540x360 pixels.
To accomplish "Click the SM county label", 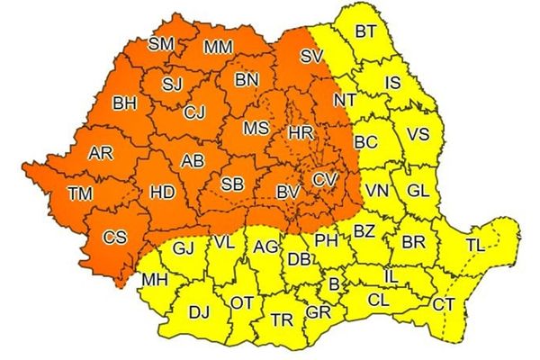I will coord(162,43).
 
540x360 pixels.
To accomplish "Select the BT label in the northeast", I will coord(366,31).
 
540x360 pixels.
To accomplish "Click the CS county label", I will coord(114,238).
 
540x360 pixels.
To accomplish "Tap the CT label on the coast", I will coord(444,304).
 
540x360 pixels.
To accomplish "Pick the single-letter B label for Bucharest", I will coord(335,284).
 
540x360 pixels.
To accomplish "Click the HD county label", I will coord(162,193).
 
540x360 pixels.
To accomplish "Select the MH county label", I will coord(154,282).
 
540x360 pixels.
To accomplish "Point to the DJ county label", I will coord(199,312).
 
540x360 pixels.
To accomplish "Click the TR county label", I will coord(282,318).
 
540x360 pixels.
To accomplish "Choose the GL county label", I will coord(417,191).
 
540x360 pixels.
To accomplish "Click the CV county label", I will coord(324,180).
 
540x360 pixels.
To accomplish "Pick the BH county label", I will coord(124,105).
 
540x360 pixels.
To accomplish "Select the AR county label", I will coord(100,153).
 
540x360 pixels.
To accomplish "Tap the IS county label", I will coord(392,83).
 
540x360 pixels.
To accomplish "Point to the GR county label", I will coord(318,312).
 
